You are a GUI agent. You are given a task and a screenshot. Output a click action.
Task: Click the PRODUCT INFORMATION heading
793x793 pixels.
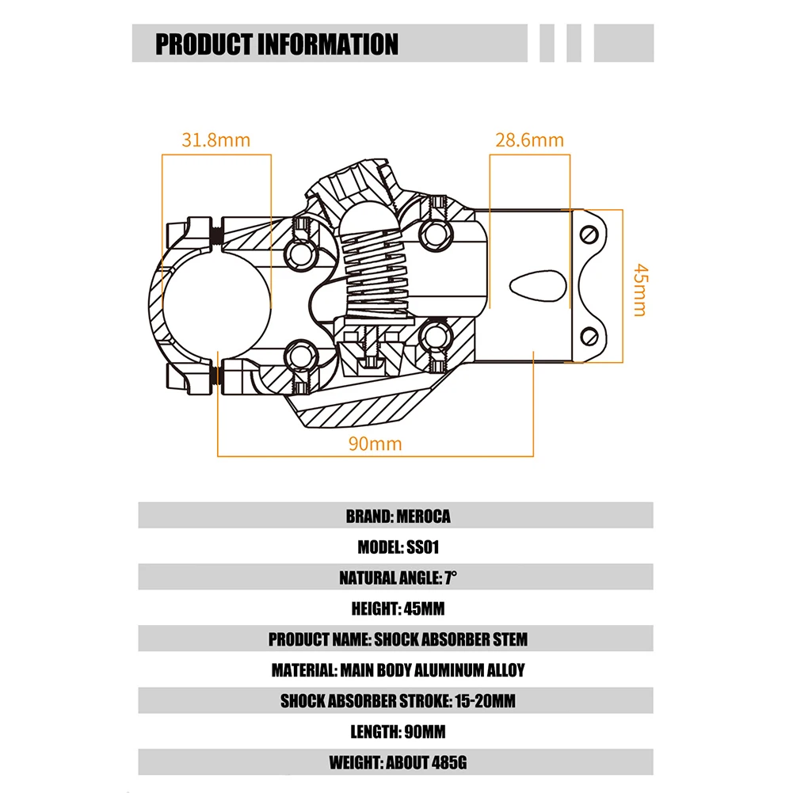[x=276, y=44]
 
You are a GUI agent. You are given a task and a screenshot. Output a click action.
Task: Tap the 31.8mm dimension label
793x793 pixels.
[x=215, y=140]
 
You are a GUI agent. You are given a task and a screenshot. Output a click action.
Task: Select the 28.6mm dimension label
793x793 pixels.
[x=529, y=140]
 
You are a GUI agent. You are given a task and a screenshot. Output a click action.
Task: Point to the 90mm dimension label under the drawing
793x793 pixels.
[x=376, y=444]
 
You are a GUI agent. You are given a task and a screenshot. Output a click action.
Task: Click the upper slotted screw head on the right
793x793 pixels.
[x=587, y=235]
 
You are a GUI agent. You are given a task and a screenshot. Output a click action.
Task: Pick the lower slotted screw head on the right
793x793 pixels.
[x=587, y=336]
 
